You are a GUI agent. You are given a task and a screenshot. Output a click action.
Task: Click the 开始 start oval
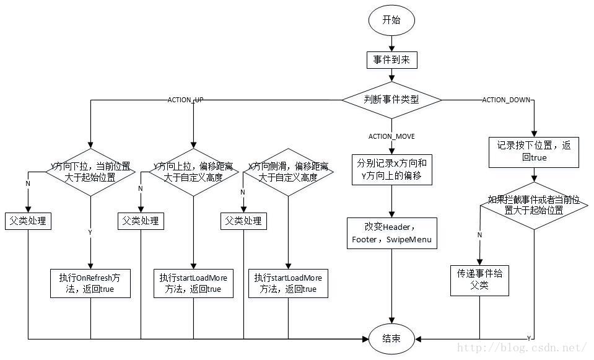tap(391, 20)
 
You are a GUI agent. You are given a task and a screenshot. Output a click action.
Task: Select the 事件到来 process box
tap(391, 59)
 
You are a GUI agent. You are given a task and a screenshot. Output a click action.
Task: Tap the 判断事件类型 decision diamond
tap(391, 100)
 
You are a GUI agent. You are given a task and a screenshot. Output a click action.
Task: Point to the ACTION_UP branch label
tap(186, 100)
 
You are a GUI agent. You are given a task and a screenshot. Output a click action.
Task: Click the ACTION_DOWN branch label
tap(506, 100)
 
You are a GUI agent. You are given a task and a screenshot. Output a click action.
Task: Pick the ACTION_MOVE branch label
tap(391, 136)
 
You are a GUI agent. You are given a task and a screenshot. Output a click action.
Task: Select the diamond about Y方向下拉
tap(90, 172)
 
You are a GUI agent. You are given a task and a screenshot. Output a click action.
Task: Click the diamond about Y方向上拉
tap(194, 172)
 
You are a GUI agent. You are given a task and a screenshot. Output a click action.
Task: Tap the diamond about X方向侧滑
tap(287, 172)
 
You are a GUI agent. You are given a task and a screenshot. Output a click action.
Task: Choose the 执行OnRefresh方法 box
tap(90, 283)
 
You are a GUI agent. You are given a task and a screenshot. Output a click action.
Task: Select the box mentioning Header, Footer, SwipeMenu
tap(391, 232)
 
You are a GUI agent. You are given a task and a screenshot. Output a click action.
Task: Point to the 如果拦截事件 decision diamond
tap(534, 205)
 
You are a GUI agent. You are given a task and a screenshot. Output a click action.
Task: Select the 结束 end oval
tap(391, 338)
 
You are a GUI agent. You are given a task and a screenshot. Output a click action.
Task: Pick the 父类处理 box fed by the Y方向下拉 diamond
tap(28, 221)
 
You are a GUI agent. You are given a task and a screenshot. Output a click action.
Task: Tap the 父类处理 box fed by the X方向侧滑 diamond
tap(242, 221)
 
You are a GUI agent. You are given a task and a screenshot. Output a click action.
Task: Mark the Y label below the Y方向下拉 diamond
tap(90, 232)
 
